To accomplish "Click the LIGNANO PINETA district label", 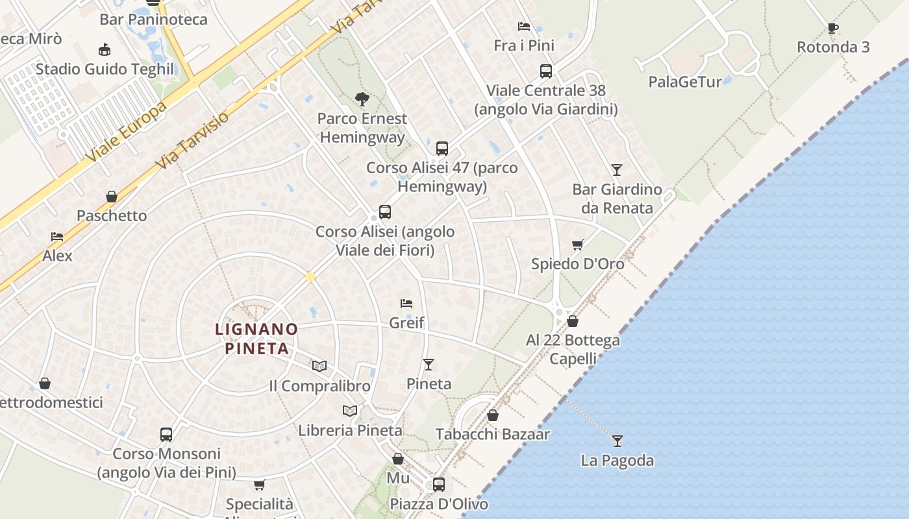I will click(x=256, y=339).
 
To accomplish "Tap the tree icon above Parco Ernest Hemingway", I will click(x=362, y=99).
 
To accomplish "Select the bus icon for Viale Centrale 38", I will click(x=545, y=71).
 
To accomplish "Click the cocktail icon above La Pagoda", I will click(x=617, y=441).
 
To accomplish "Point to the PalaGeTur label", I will click(x=685, y=82).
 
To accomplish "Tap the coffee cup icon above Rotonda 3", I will click(x=832, y=28).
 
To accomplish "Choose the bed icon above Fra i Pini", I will click(x=523, y=27).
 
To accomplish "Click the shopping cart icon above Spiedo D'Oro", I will click(x=577, y=245).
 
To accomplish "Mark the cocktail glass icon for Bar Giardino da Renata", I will click(x=616, y=170).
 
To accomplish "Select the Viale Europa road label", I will click(x=126, y=132).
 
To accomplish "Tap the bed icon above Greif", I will click(x=406, y=303).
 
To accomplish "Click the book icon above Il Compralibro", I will click(x=319, y=366).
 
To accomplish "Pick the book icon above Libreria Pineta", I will click(x=350, y=411).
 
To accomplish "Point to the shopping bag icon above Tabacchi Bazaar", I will click(x=493, y=415).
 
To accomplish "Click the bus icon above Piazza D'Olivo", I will click(x=438, y=484).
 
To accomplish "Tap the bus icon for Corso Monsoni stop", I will click(x=166, y=434).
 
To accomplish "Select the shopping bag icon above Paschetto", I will click(x=112, y=197).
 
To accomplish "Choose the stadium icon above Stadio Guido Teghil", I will click(x=104, y=49).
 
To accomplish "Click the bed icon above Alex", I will click(x=57, y=237).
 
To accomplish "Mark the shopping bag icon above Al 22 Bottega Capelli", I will click(x=572, y=321).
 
